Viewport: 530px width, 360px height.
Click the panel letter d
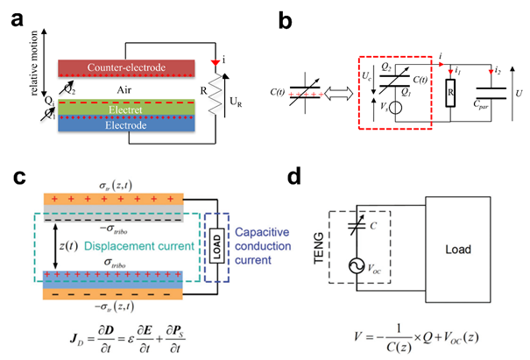pyautogui.click(x=298, y=179)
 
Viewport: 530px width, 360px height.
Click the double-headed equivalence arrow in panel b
pyautogui.click(x=332, y=93)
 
